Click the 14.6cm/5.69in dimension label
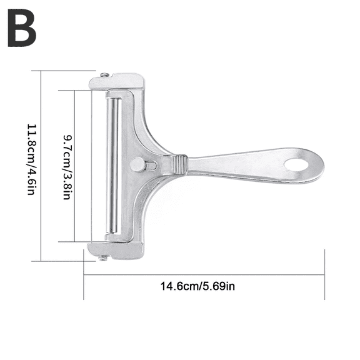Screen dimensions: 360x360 click(197, 286)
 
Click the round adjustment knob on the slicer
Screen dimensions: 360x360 click(136, 165)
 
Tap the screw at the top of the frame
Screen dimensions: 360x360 click(105, 76)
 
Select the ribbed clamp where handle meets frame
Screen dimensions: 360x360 click(179, 164)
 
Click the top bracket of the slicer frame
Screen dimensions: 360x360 click(119, 81)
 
